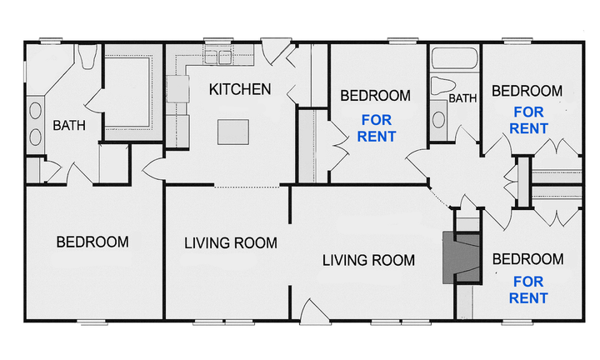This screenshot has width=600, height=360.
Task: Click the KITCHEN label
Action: (x=240, y=89)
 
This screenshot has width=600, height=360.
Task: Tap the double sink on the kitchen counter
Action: (x=217, y=57)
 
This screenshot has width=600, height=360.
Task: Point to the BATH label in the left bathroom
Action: (x=68, y=126)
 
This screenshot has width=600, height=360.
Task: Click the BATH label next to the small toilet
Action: (x=462, y=98)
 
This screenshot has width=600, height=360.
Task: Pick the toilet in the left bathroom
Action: (x=87, y=58)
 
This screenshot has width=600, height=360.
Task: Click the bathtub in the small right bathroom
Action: (x=454, y=58)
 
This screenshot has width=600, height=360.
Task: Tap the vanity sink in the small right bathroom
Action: (x=438, y=116)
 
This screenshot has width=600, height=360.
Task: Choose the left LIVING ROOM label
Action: (x=230, y=243)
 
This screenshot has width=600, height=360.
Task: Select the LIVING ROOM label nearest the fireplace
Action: (x=368, y=260)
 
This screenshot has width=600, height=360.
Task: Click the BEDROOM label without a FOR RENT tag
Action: (x=92, y=242)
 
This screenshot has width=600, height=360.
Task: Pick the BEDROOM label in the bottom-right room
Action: (x=527, y=259)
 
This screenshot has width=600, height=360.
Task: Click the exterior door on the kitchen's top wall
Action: (x=274, y=48)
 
